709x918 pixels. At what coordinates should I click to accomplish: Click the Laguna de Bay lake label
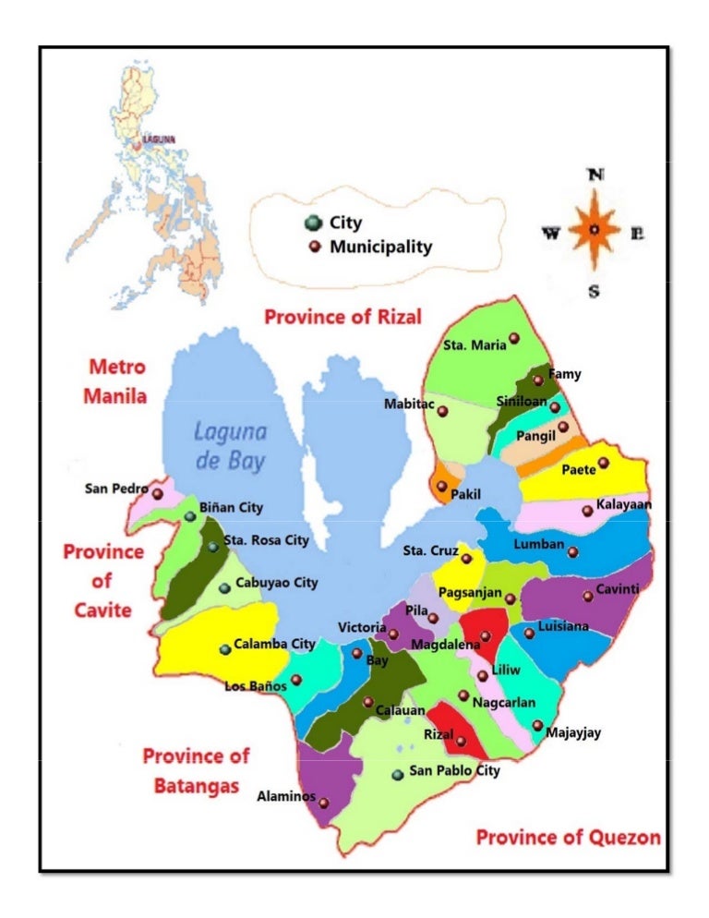[230, 446]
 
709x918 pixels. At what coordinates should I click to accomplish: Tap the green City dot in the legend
[314, 223]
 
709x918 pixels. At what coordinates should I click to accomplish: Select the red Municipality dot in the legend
[315, 247]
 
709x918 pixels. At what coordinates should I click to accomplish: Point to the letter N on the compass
[596, 175]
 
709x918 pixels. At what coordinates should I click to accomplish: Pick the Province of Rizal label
[342, 317]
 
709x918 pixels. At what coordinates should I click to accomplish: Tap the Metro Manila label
[117, 381]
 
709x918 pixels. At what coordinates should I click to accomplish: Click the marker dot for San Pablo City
[397, 774]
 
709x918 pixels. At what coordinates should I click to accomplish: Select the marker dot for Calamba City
[224, 649]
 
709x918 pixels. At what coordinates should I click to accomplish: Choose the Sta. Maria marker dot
[514, 339]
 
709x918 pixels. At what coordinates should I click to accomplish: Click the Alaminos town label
[285, 796]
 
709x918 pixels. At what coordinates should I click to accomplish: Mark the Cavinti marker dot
[588, 596]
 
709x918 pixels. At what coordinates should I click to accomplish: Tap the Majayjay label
[573, 733]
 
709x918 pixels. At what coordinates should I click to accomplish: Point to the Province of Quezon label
[568, 837]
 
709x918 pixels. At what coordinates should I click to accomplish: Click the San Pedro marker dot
[158, 494]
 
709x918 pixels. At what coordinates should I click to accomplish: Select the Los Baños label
[256, 686]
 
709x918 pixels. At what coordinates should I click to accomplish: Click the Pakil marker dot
[441, 486]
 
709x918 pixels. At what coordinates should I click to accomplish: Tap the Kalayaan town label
[623, 505]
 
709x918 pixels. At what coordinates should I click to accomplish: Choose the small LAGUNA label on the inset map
[158, 139]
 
